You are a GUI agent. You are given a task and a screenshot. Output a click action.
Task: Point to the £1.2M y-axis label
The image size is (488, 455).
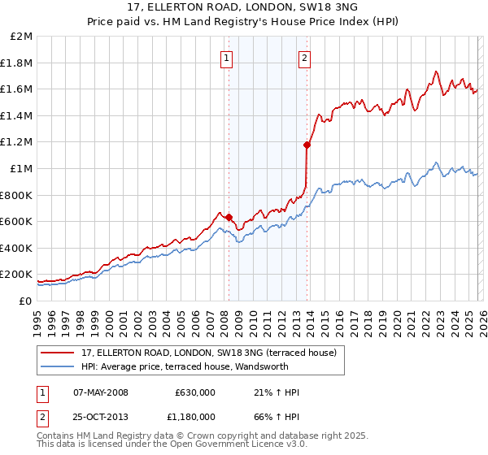click(x=16, y=142)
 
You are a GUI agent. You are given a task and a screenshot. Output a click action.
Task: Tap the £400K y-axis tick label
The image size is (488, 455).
click(x=16, y=248)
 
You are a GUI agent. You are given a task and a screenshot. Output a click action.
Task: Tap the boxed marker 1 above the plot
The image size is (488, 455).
click(x=224, y=58)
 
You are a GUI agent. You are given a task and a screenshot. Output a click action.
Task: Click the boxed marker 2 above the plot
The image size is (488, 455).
click(x=304, y=58)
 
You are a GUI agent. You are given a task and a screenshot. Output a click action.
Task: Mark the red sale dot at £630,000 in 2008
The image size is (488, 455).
click(x=229, y=217)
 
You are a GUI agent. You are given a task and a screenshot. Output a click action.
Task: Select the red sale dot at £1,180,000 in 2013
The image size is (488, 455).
click(x=307, y=145)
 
